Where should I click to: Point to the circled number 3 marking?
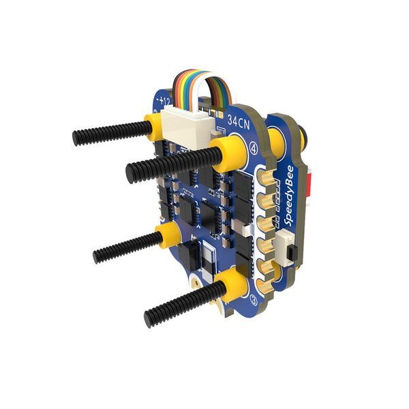[254, 299]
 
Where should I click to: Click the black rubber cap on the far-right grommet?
[302, 137]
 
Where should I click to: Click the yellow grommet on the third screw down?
[168, 234]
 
